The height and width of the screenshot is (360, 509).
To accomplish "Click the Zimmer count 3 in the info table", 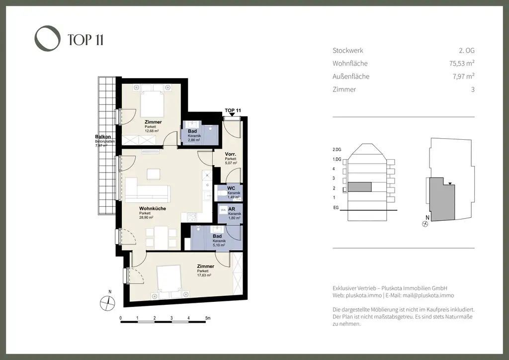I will [472, 90].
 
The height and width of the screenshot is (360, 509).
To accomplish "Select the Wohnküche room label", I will [152, 209].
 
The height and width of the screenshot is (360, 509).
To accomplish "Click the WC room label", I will [231, 188].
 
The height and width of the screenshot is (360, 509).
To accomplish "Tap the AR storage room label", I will [232, 209].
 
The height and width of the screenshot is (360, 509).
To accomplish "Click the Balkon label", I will [103, 137].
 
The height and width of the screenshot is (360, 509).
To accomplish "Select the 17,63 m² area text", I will [204, 275].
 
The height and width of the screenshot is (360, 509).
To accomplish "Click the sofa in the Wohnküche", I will [147, 191].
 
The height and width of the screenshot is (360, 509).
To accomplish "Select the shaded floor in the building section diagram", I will [359, 187].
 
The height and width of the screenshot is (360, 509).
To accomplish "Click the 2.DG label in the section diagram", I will [337, 149].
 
